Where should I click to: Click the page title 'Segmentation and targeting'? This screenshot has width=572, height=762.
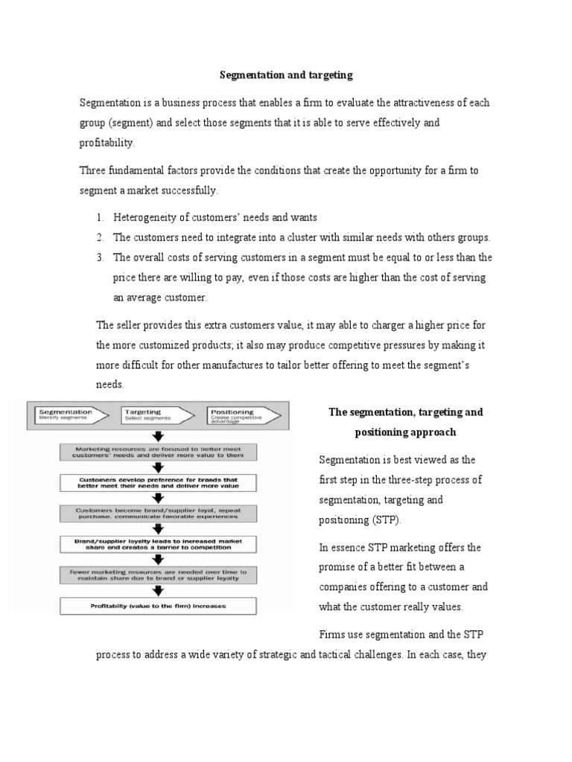click(285, 75)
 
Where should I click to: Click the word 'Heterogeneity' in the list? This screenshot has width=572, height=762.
click(146, 217)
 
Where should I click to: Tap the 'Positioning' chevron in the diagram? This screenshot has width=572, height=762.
click(240, 414)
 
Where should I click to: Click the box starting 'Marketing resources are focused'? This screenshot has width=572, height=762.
click(158, 452)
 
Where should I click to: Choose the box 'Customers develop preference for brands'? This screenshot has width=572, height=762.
click(158, 483)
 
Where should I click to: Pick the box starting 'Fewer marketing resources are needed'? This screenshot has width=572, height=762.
click(158, 574)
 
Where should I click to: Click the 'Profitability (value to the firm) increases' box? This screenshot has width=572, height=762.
click(158, 606)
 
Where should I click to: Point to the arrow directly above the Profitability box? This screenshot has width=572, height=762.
click(158, 591)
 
